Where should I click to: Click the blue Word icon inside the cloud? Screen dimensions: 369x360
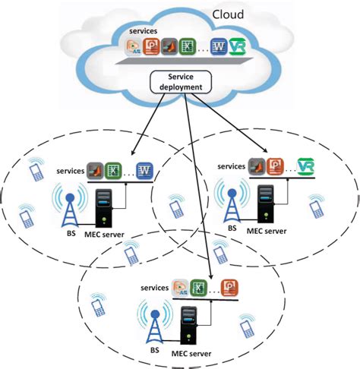pyautogui.click(x=219, y=47)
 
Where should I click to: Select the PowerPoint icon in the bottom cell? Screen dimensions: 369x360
pyautogui.click(x=229, y=288)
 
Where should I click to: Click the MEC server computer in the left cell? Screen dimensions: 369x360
pyautogui.click(x=104, y=210)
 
